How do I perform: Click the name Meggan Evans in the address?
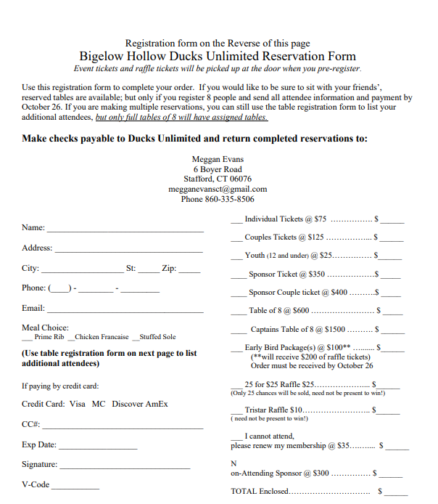coord(218,159)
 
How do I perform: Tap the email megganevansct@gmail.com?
coord(218,189)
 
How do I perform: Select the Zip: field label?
coord(169,269)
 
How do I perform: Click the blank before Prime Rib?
coord(27,338)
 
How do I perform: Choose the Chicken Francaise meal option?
coord(102,337)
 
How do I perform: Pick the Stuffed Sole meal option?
coord(157,337)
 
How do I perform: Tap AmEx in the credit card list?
coord(156,404)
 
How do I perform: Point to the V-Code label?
coord(36,484)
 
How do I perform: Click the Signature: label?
coord(39,465)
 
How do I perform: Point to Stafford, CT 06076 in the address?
coord(218,179)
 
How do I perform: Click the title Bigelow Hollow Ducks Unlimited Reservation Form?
coord(218,56)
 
